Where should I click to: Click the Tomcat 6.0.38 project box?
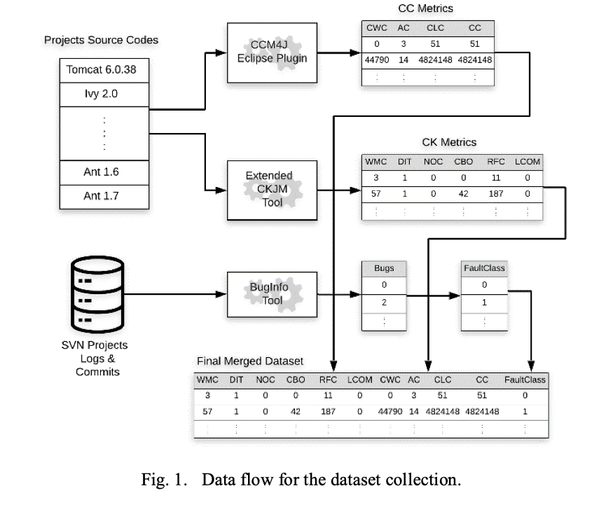pyautogui.click(x=105, y=70)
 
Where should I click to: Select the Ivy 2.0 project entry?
pyautogui.click(x=105, y=93)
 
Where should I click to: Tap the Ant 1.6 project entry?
pyautogui.click(x=105, y=172)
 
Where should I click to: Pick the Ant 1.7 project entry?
pyautogui.click(x=105, y=195)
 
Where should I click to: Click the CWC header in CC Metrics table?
pyautogui.click(x=377, y=28)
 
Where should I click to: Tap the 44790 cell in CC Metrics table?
pyautogui.click(x=377, y=60)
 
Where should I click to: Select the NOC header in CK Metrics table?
pyautogui.click(x=434, y=162)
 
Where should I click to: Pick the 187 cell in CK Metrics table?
pyautogui.click(x=495, y=193)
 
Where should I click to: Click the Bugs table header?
pyautogui.click(x=384, y=268)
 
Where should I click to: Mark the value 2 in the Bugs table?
pyautogui.click(x=384, y=302)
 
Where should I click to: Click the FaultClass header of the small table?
pyautogui.click(x=484, y=268)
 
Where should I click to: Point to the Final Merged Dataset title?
pyautogui.click(x=250, y=361)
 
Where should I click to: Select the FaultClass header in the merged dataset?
pyautogui.click(x=525, y=380)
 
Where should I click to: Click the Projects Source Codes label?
pyautogui.click(x=102, y=40)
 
